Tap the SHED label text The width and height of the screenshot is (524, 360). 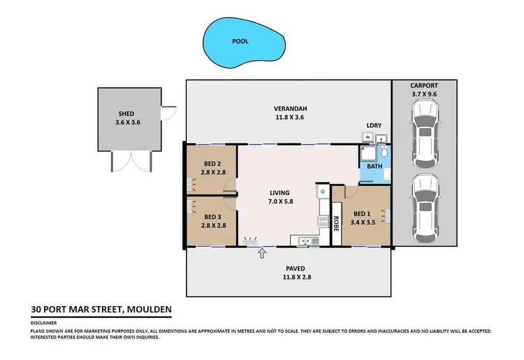coord(126,113)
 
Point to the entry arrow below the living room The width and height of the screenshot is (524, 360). coord(263,253)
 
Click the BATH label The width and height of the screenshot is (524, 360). coord(375,166)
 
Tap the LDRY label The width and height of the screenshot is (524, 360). coord(374,126)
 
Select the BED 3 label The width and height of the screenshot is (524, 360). coord(210,217)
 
